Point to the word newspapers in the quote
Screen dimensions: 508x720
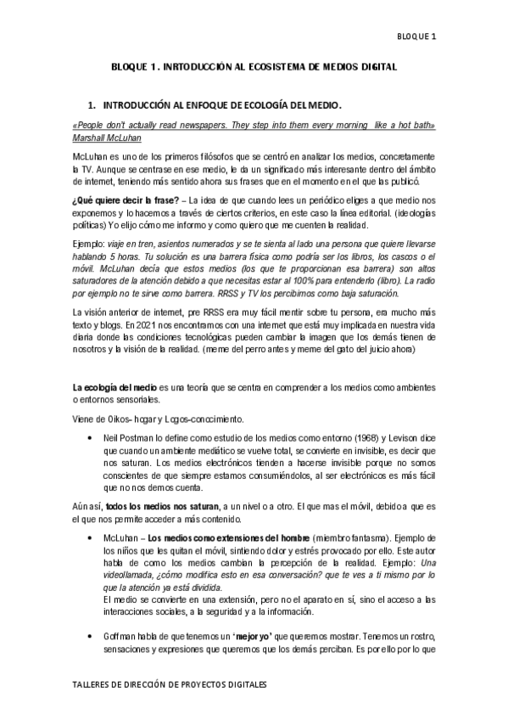coord(192,125)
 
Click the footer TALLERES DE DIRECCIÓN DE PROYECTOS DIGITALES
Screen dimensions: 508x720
coord(170,683)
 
